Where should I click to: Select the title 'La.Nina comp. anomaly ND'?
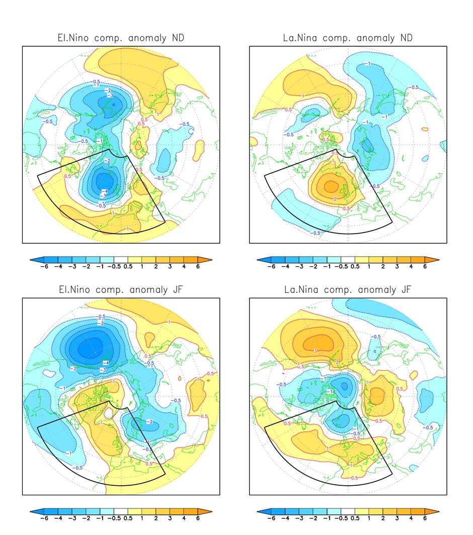pos(348,39)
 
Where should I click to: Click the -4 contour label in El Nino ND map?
pos(105,191)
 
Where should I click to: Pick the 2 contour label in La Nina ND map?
pos(336,199)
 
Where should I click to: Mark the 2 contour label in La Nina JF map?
pos(337,362)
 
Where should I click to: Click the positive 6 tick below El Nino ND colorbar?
pos(198,266)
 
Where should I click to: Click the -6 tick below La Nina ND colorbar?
pos(271,266)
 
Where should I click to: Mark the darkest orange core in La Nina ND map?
pos(331,186)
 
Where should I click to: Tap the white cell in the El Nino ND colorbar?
pos(121,259)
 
